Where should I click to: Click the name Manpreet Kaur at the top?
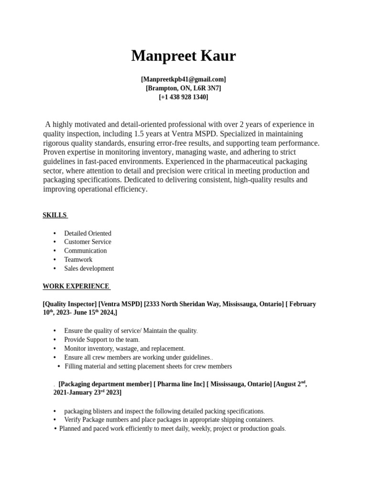click(x=183, y=56)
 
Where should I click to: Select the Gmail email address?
click(x=183, y=79)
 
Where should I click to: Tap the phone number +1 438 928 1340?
click(x=183, y=97)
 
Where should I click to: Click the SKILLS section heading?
click(x=55, y=215)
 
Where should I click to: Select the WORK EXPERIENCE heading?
click(x=76, y=287)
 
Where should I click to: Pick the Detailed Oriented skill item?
click(x=87, y=234)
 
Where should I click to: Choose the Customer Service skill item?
click(x=87, y=242)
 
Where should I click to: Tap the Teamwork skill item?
click(x=78, y=260)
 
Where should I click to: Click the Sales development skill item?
click(x=89, y=268)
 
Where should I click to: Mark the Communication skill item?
click(x=86, y=251)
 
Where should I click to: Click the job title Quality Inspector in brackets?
click(x=69, y=304)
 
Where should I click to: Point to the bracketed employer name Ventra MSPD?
click(x=120, y=304)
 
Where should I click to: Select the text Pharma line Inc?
click(x=180, y=384)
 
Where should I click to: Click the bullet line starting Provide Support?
click(x=101, y=340)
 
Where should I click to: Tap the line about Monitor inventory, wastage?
click(x=124, y=349)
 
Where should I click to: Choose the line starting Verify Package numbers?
click(x=169, y=420)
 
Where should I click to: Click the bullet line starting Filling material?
click(x=148, y=366)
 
